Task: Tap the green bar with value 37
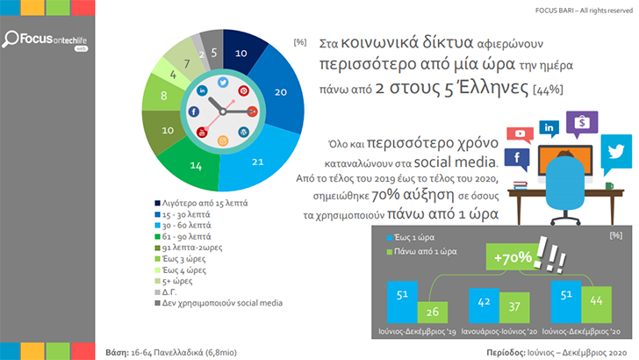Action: (513, 313)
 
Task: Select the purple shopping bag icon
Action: (578, 126)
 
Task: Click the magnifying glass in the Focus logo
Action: (14, 40)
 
